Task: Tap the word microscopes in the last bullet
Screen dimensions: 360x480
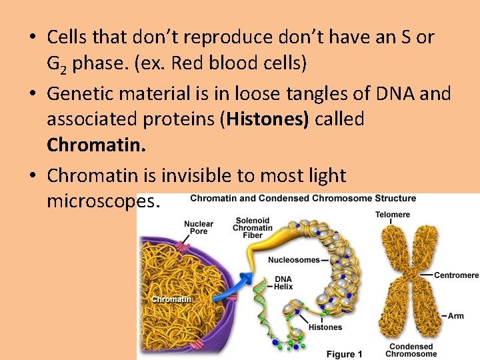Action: coord(103,201)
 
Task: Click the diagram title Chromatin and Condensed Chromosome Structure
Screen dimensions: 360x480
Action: coord(303,198)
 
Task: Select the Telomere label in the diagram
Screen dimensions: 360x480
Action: coord(393,215)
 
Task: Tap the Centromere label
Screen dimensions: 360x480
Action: coord(456,275)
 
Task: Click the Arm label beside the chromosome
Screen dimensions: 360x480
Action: coord(455,315)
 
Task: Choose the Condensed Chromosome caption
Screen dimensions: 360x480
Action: coord(411,350)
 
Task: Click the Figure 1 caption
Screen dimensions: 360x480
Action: coord(344,354)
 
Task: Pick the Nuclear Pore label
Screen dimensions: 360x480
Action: coord(199,227)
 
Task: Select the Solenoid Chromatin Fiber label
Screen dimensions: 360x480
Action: coord(252,228)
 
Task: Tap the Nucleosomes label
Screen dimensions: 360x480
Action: coord(293,260)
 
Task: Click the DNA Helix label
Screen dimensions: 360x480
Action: coord(283,283)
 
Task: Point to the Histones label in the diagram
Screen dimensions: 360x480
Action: coord(325,327)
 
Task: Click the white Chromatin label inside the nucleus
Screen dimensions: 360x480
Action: coord(171,299)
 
